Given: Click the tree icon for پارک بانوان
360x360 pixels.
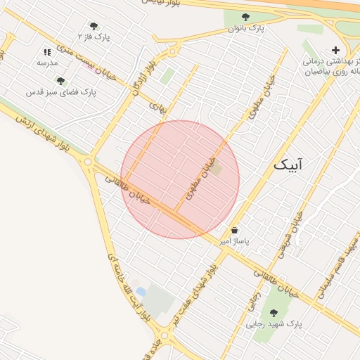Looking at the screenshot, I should (245, 18).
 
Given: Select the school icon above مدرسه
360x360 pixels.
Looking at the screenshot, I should (47, 52).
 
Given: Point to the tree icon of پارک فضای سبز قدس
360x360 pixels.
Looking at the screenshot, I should (61, 81).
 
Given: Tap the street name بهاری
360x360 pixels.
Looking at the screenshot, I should (160, 107).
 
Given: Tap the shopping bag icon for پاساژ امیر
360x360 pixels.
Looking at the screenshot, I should (234, 230).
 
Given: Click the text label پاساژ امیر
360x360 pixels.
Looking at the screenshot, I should (234, 241).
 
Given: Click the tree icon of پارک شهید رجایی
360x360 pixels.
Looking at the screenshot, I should (273, 313).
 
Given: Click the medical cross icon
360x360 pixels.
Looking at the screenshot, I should (335, 50).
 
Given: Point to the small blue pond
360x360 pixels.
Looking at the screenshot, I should (141, 291).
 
